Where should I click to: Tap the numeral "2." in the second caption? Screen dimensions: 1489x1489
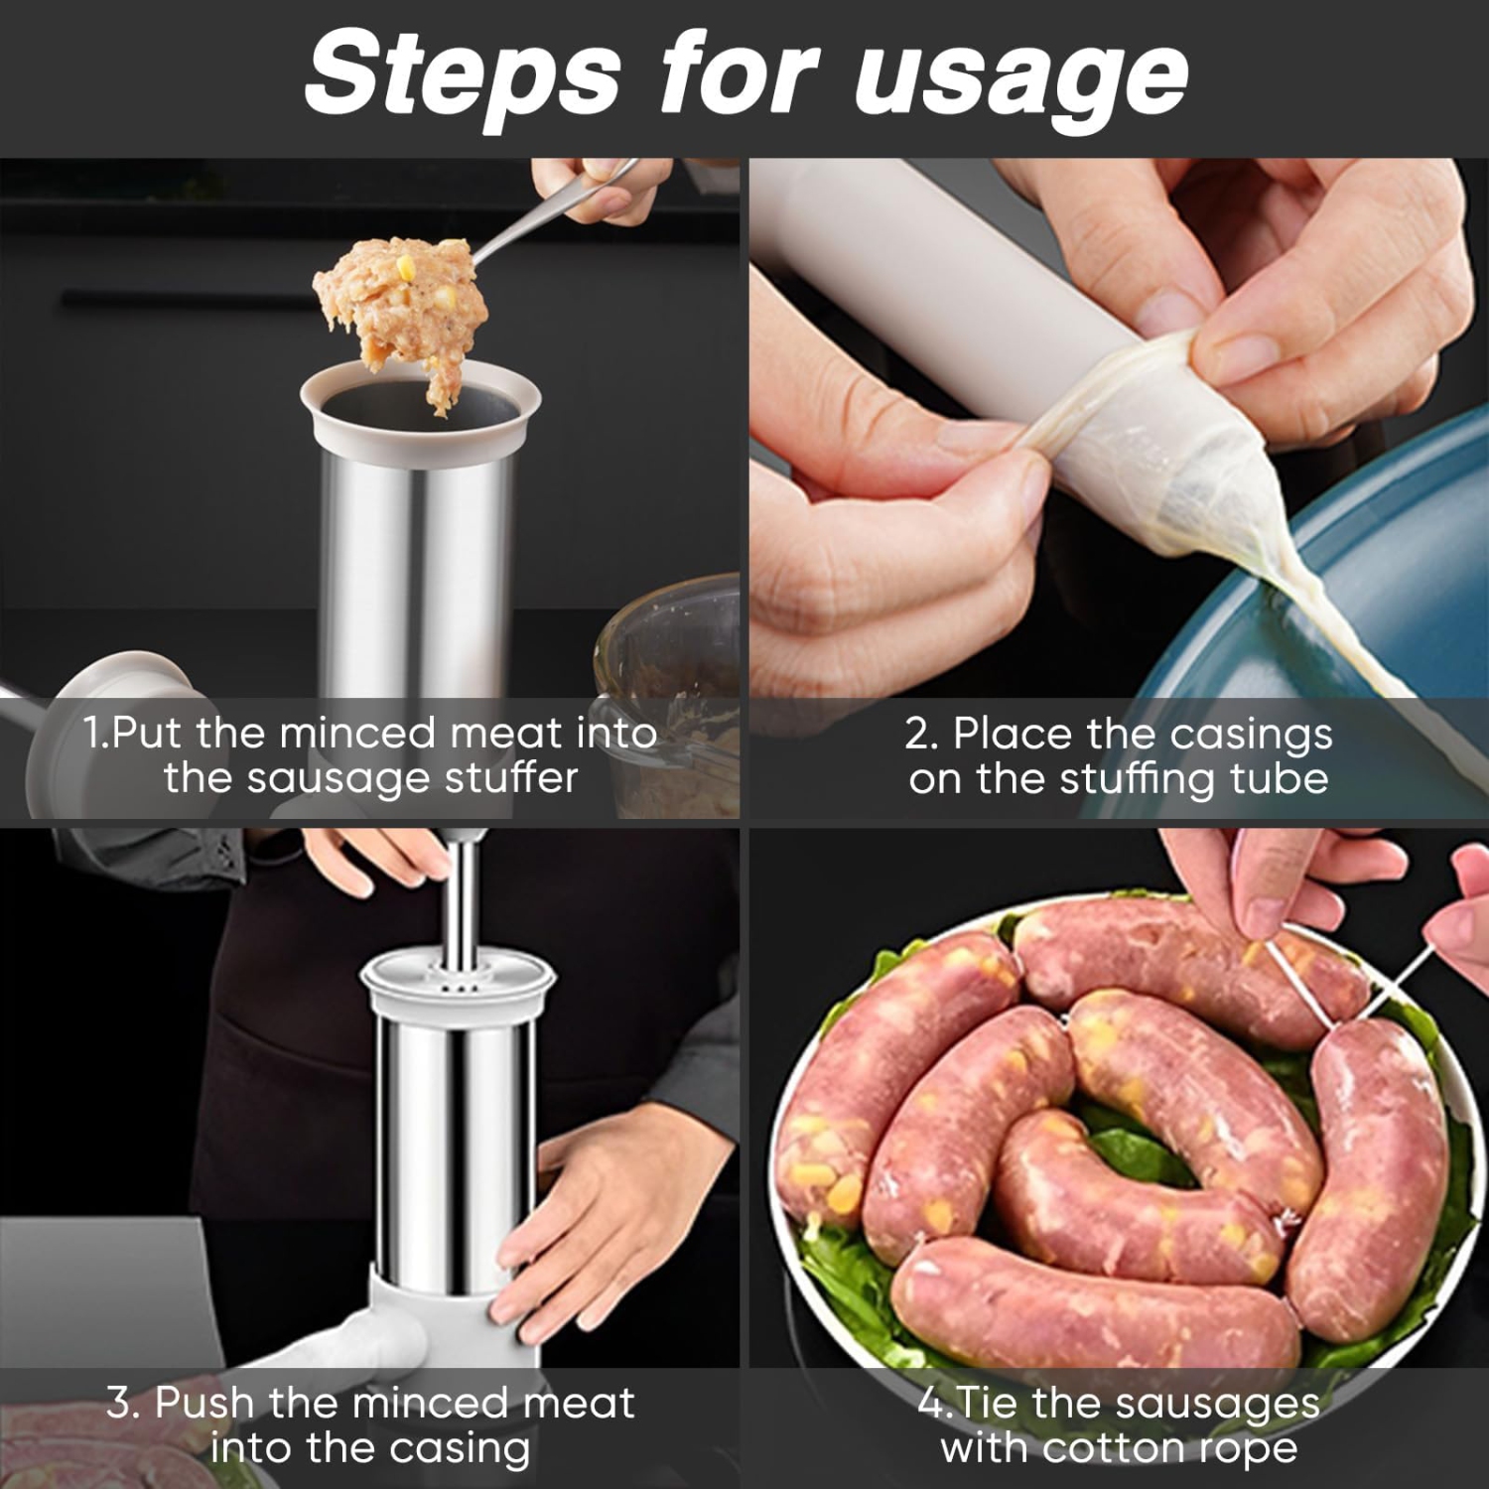click(921, 735)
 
